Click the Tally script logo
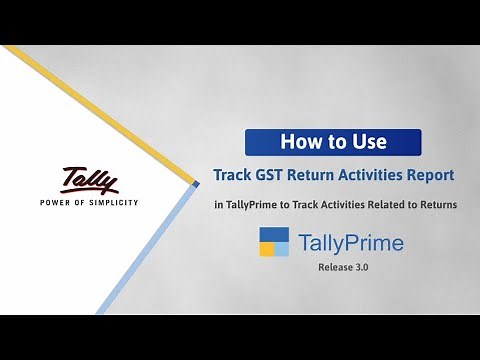point(89,180)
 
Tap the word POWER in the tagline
point(59,202)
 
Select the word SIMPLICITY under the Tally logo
point(118,202)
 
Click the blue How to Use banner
point(333,142)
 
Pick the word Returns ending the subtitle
point(437,205)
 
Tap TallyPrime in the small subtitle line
point(248,205)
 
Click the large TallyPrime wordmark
point(338,243)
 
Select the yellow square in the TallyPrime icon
point(266,249)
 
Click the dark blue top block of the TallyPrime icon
point(274,234)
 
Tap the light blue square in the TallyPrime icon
point(282,249)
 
